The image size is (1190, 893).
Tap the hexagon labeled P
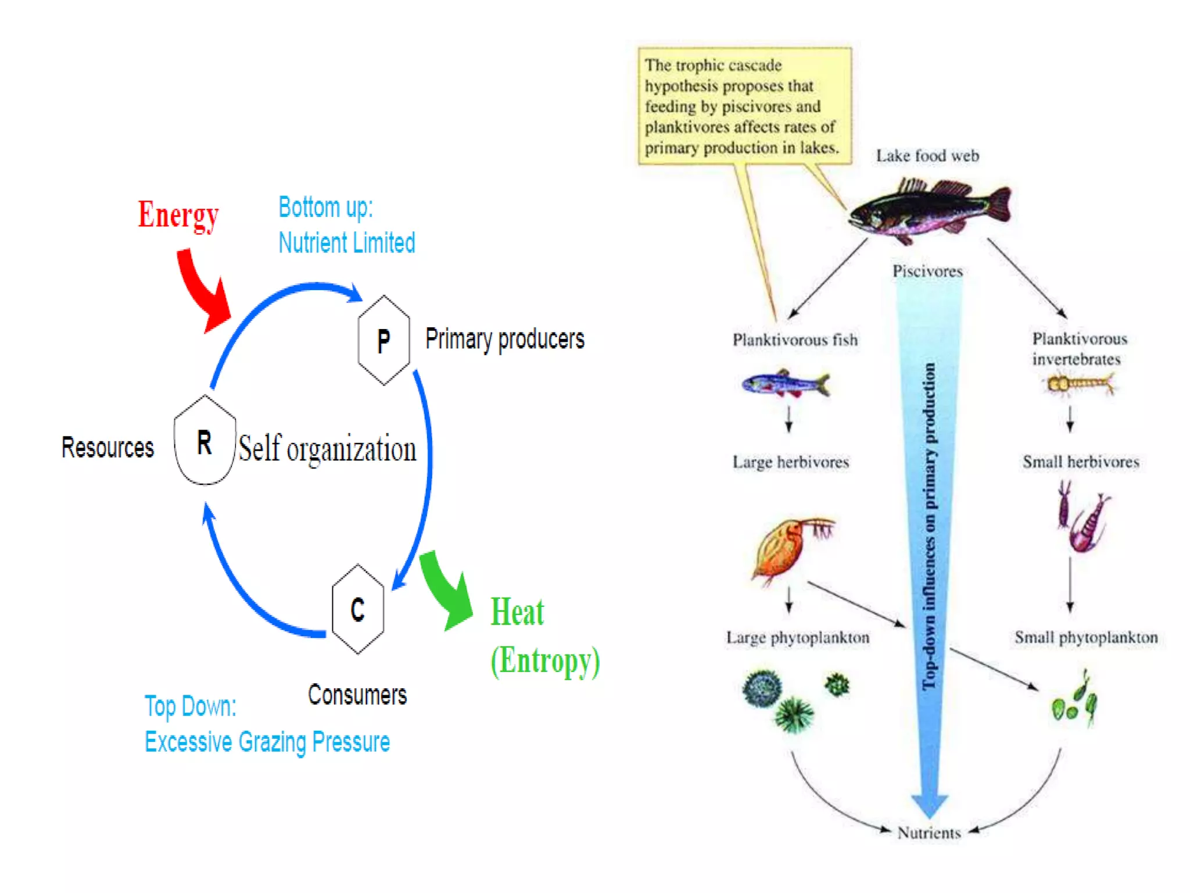383,340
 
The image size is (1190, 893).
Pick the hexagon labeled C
357,609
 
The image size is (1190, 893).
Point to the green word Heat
517,612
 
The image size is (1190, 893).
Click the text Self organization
327,449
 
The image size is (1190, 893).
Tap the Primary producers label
504,339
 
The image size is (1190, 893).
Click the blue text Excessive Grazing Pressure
267,742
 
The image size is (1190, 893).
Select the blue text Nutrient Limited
347,243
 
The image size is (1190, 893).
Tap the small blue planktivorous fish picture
786,384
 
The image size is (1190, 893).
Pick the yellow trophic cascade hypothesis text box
744,106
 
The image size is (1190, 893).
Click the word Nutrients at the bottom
929,833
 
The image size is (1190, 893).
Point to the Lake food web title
927,156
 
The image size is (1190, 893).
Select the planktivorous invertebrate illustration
1078,384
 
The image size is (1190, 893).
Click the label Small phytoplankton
1085,638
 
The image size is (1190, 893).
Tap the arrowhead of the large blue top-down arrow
930,805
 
